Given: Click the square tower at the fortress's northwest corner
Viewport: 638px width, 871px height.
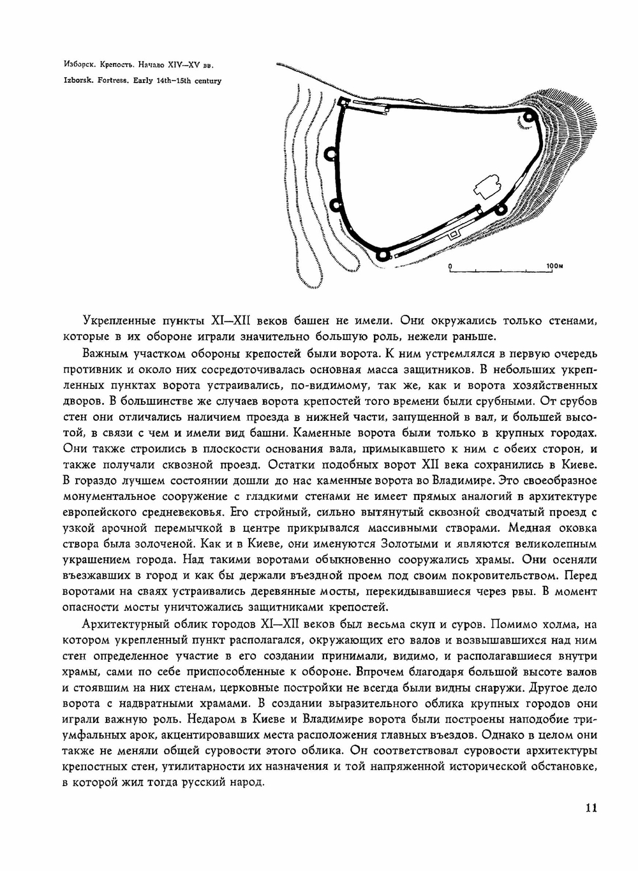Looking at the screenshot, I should [x=343, y=103].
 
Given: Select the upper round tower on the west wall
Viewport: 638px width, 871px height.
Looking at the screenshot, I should [x=330, y=154].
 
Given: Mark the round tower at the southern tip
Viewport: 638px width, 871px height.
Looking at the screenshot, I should [x=382, y=255].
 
